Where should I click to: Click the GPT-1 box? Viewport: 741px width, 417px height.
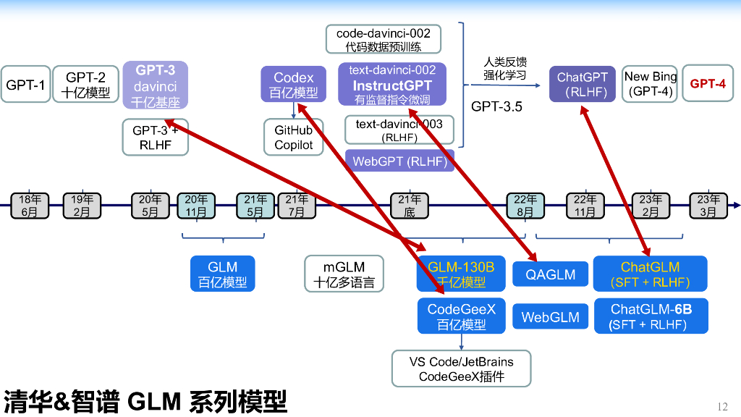(25, 85)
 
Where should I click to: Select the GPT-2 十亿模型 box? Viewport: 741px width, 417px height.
(86, 85)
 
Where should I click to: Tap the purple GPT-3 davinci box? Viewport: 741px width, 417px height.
(156, 85)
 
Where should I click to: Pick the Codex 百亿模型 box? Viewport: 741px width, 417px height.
(294, 85)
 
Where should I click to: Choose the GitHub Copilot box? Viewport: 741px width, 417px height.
(294, 138)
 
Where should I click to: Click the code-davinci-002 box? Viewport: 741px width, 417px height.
(383, 40)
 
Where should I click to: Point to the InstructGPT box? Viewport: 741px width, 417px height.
(392, 85)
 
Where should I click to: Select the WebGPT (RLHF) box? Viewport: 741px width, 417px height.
(400, 161)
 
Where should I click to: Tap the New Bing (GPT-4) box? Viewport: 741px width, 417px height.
(650, 84)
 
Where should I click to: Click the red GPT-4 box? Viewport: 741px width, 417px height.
(707, 84)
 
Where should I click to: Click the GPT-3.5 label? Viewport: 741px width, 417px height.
(496, 106)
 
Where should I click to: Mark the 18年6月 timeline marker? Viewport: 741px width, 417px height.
(30, 206)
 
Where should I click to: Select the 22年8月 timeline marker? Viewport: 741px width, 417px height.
(525, 206)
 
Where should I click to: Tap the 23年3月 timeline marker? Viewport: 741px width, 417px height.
(708, 206)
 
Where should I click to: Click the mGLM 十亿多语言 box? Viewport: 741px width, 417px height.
(344, 274)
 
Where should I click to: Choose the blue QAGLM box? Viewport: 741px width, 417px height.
(550, 274)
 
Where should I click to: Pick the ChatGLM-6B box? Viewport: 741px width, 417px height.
(651, 317)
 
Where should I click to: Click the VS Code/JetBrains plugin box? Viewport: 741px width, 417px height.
(461, 369)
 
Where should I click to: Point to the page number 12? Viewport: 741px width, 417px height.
(721, 406)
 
